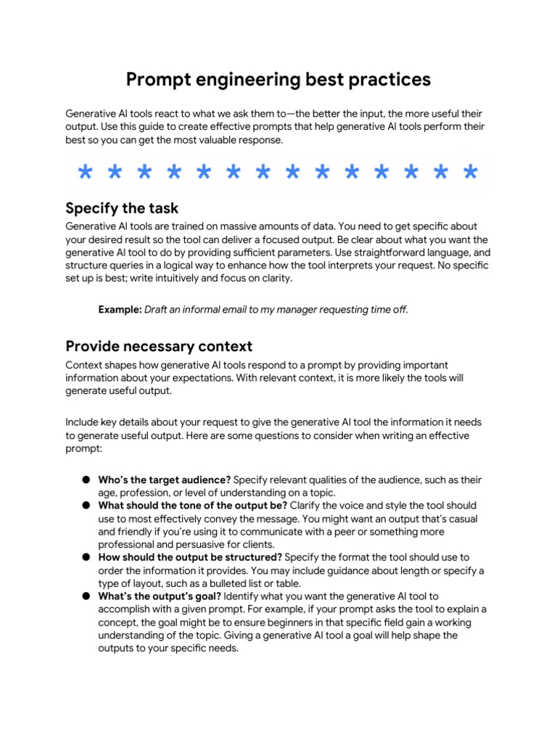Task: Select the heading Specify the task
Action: pyautogui.click(x=122, y=209)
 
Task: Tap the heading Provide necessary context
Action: pyautogui.click(x=159, y=345)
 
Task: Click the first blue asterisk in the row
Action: pyautogui.click(x=86, y=173)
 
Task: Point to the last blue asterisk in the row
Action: pyautogui.click(x=470, y=173)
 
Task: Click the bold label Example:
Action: pyautogui.click(x=120, y=310)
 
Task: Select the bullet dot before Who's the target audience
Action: pyautogui.click(x=86, y=480)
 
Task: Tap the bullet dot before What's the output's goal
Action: pyautogui.click(x=86, y=596)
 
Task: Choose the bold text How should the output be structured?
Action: pyautogui.click(x=190, y=557)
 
